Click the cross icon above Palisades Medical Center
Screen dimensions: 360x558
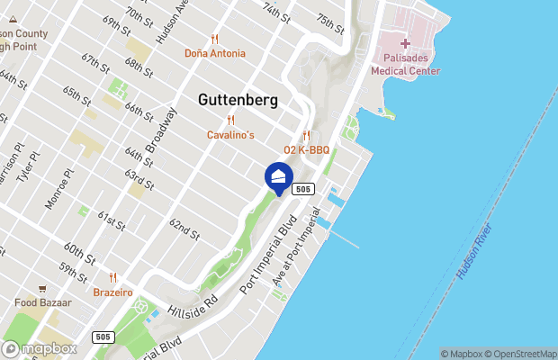pos(405,43)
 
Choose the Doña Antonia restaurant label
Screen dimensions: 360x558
pos(214,53)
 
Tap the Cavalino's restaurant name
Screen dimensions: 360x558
pos(231,135)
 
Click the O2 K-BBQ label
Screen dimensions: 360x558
pos(306,149)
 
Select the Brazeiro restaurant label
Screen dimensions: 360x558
pos(112,292)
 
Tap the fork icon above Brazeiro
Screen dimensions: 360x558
pos(112,278)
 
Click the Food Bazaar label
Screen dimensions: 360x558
pos(42,303)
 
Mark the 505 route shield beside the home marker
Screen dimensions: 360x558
pos(303,189)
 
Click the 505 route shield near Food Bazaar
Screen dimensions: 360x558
pos(103,337)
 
